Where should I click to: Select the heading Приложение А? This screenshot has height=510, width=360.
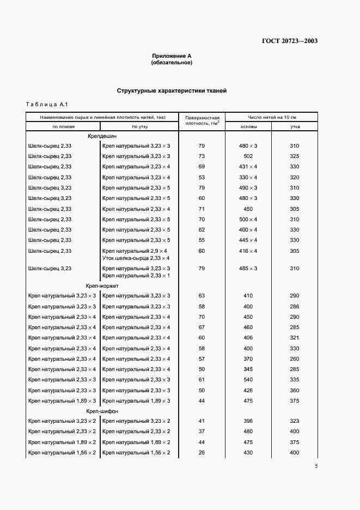point(172,56)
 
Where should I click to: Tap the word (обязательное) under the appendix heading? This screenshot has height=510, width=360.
point(172,63)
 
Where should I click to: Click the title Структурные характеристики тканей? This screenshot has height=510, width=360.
point(172,91)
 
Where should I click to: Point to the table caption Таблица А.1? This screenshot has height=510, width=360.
point(46,104)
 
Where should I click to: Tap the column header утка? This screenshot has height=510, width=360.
point(295,126)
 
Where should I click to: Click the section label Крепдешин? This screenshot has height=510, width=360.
point(102,136)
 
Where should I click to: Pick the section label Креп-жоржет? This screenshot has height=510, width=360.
point(102,286)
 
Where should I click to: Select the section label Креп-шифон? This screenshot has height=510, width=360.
point(102,411)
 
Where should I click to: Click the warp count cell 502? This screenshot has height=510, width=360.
point(248,156)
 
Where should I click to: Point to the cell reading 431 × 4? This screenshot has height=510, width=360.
point(248,167)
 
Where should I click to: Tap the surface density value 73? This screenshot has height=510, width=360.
point(202,156)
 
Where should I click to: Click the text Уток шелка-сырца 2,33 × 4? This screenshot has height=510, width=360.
point(136,258)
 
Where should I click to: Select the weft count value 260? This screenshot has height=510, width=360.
point(295,359)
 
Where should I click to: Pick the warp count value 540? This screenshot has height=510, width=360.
point(248,380)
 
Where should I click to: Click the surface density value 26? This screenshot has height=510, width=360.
point(202,453)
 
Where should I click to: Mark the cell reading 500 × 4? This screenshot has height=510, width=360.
point(248,220)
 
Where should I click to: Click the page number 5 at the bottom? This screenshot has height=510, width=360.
point(316,466)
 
